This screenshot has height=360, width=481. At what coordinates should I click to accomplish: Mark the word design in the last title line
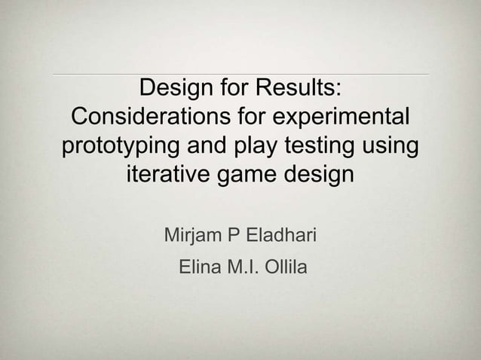point(316,177)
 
